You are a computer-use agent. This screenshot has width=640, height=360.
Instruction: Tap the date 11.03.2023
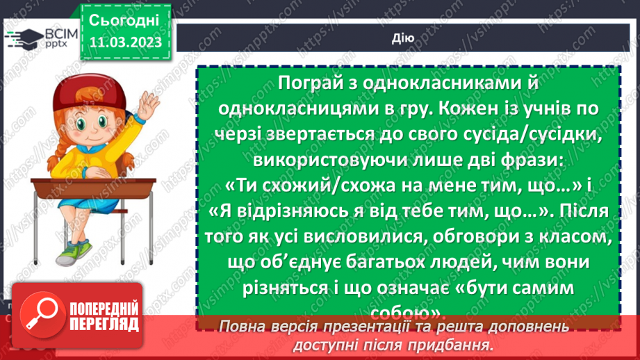(124, 42)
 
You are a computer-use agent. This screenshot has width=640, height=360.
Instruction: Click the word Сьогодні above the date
(123, 19)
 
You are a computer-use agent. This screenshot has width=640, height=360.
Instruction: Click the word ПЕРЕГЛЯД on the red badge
(104, 324)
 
